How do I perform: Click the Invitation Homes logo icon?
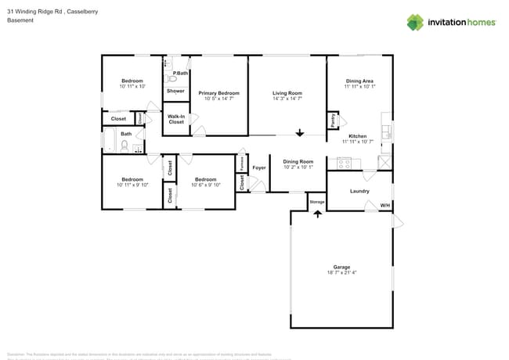[x=415, y=22]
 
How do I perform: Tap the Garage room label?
[x=341, y=267]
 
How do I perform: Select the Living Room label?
[x=287, y=93]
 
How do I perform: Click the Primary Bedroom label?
[x=218, y=93]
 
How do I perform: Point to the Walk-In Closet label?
[x=176, y=119]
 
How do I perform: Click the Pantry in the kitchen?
[x=333, y=121]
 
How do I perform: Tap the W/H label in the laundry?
[x=384, y=205]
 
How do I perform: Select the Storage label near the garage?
[x=316, y=202]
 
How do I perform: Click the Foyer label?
[x=259, y=167]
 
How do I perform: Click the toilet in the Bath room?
[x=124, y=145]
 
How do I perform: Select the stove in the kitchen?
[x=344, y=163]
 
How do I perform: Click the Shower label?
[x=176, y=91]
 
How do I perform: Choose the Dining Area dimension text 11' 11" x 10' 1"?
[x=360, y=87]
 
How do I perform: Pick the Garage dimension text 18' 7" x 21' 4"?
[x=341, y=272]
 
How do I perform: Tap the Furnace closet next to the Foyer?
[x=241, y=164]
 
